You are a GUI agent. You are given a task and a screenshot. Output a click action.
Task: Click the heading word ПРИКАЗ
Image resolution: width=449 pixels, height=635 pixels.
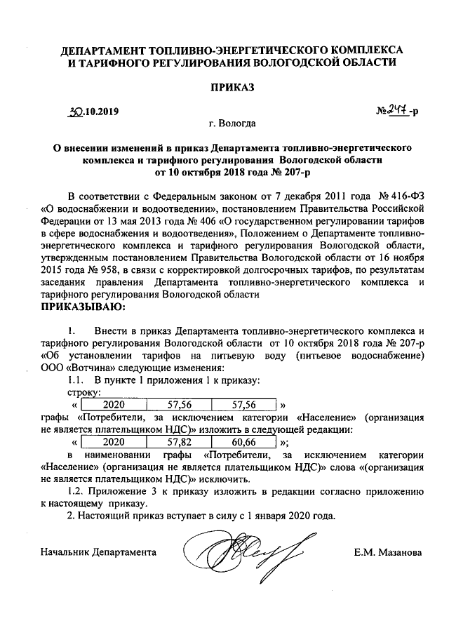(x=231, y=88)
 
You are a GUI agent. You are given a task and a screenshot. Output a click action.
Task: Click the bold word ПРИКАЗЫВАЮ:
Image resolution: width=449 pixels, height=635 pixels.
(x=83, y=307)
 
